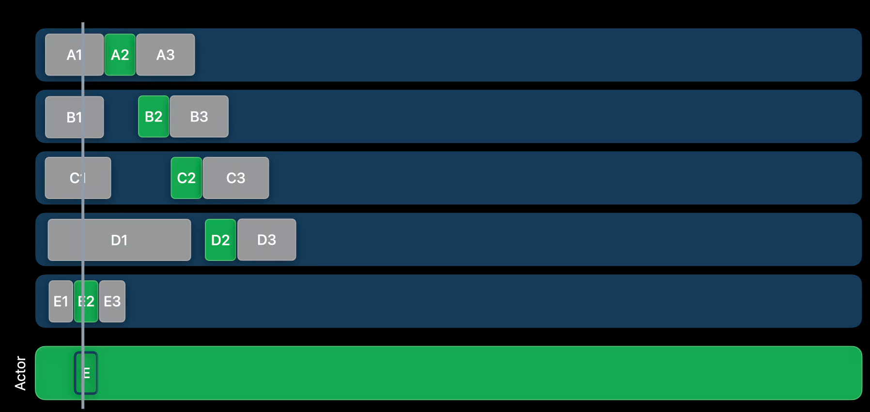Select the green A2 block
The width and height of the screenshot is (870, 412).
(120, 55)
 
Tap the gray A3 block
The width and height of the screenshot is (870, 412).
(165, 55)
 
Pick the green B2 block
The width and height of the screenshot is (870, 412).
(154, 117)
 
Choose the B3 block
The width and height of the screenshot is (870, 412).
(199, 117)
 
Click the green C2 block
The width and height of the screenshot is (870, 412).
(186, 178)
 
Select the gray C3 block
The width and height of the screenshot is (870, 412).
(236, 178)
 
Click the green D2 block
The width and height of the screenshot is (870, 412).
(220, 240)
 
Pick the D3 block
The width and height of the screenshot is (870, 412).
(266, 240)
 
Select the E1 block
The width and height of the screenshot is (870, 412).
(61, 302)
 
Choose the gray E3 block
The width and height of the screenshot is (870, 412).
(112, 302)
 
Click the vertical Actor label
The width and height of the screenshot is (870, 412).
(20, 373)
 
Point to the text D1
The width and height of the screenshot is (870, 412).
(119, 240)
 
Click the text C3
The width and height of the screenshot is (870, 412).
(236, 178)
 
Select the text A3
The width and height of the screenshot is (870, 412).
(165, 55)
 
